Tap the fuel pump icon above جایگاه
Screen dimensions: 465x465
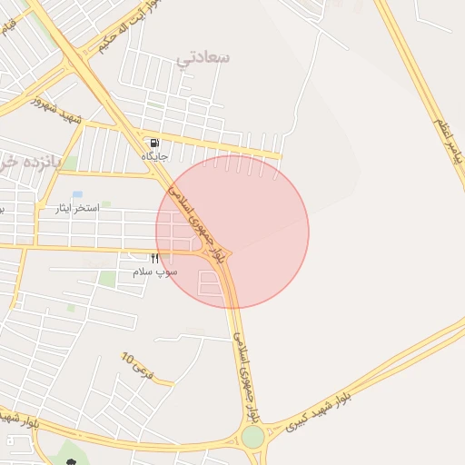pos(154,143)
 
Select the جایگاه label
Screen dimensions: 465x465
pos(155,156)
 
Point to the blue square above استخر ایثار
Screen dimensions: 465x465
pos(76,194)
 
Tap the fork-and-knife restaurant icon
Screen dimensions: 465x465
pos(154,259)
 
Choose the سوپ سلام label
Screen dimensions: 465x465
pos(154,272)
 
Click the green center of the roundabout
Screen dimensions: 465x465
pos(252,438)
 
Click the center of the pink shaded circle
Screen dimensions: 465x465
pos(232,232)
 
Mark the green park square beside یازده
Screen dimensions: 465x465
pos(69,163)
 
